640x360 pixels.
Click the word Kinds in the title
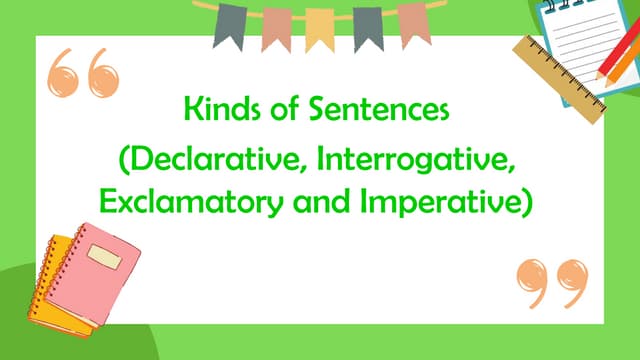coord(216,106)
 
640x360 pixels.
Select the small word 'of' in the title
coord(274,106)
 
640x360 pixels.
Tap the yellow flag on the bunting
coord(319,29)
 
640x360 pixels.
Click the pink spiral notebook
coord(111,264)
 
